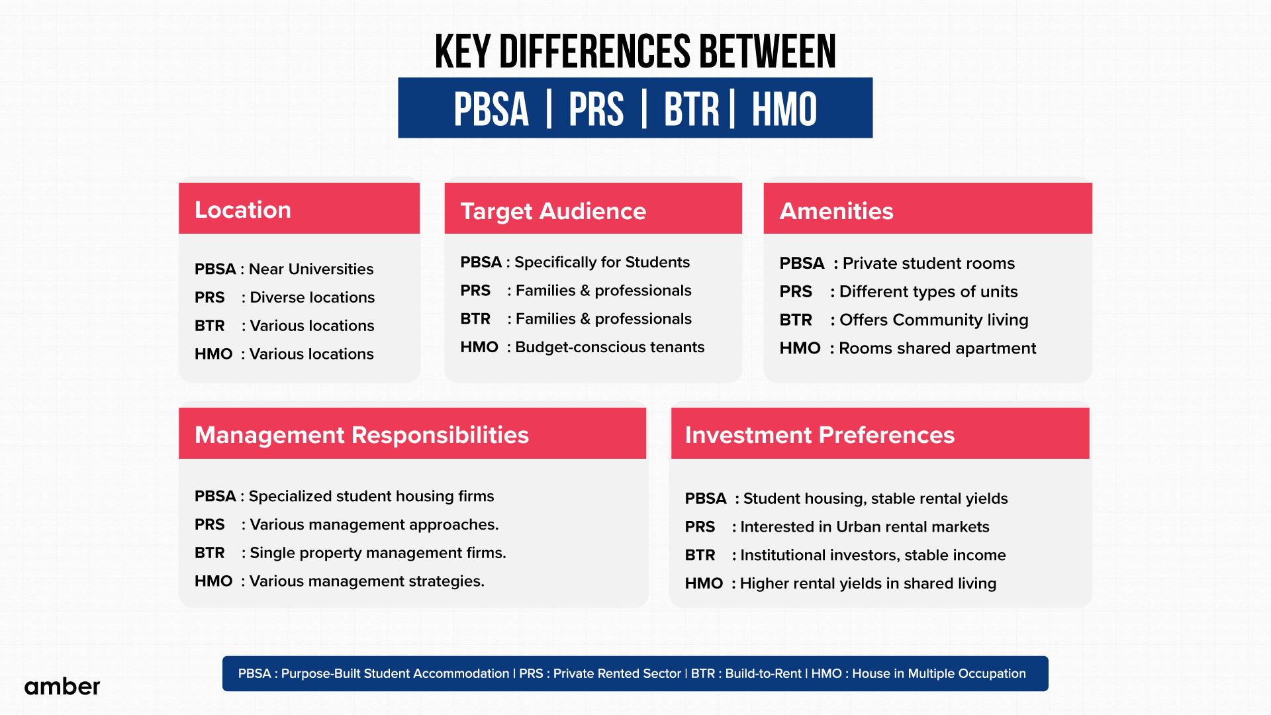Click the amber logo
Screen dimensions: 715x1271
pos(62,687)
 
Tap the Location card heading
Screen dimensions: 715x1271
pos(242,210)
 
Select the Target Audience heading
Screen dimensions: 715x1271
pos(553,211)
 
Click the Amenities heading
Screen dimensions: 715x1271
pos(836,211)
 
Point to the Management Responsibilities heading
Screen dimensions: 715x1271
pos(361,435)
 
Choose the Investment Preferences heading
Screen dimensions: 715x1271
pos(820,435)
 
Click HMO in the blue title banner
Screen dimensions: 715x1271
pos(784,109)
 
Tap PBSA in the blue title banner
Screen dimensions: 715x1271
pos(491,109)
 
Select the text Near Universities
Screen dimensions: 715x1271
pos(311,269)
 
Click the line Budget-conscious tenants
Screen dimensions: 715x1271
pos(610,347)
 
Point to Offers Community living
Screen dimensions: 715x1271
pos(933,320)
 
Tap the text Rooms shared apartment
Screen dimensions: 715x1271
pos(937,348)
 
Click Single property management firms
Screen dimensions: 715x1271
pos(377,553)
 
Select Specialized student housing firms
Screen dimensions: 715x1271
pos(371,496)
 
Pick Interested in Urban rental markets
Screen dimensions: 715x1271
pos(865,527)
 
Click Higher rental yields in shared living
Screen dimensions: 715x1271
pos(868,583)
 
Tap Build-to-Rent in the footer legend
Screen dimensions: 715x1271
pos(763,673)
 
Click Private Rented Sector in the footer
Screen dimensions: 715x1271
pos(616,673)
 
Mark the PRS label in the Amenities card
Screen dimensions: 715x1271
pos(796,292)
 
